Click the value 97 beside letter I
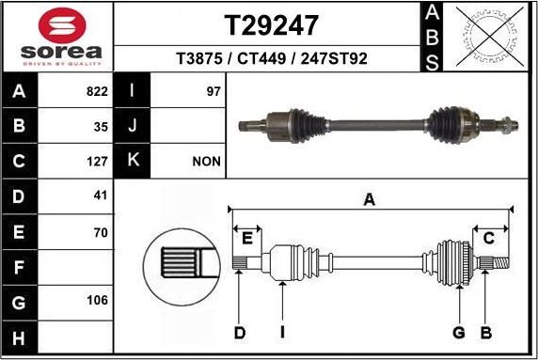213,91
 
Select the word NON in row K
206,161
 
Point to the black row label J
133,126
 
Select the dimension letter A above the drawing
370,198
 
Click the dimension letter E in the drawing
247,237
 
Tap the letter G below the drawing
459,332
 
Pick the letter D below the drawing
240,332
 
